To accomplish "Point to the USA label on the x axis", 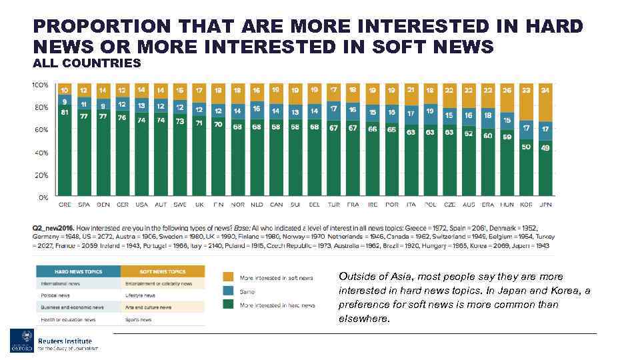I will coord(142,204).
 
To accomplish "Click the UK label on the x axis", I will coord(199,204).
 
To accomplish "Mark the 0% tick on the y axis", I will coord(43,197).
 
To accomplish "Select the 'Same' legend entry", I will coord(247,291).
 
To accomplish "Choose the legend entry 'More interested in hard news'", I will coord(277,305).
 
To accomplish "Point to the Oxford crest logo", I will coord(21,341).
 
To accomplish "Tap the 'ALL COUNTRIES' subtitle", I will coord(87,63).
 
